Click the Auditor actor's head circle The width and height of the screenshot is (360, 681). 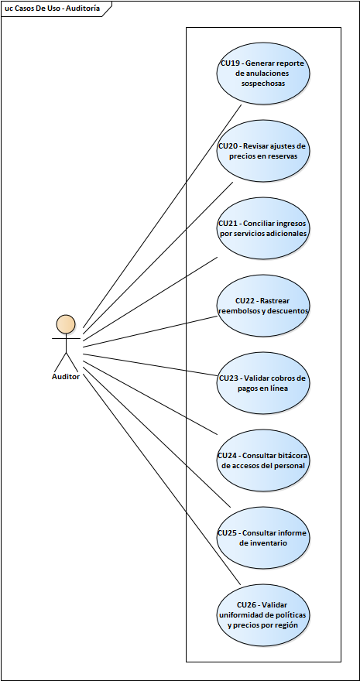tap(66, 323)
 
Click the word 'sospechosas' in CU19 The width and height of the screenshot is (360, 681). tap(263, 83)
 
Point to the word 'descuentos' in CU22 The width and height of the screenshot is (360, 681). tap(287, 310)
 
